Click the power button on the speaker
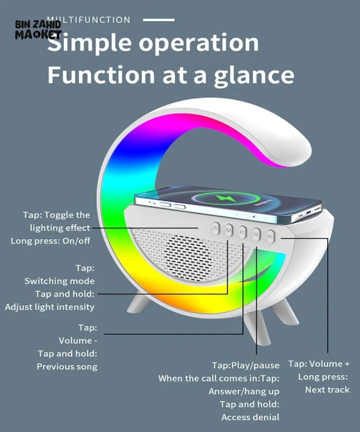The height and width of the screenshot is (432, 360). [x=216, y=228]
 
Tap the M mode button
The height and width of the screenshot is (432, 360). [x=229, y=230]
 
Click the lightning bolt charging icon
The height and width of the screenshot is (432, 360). [x=226, y=198]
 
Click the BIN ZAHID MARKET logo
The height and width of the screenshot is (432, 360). [x=38, y=29]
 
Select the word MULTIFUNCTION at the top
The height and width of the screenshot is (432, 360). [x=89, y=20]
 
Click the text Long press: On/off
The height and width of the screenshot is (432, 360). [x=51, y=241]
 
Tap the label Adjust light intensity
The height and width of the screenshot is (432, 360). [x=50, y=307]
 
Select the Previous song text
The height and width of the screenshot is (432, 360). [x=67, y=367]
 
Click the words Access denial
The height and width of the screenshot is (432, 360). [x=250, y=417]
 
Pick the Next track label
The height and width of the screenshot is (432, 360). [x=327, y=390]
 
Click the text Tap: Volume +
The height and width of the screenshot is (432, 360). [x=319, y=364]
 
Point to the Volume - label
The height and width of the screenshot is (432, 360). [x=78, y=341]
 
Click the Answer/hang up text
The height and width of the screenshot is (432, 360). [x=244, y=391]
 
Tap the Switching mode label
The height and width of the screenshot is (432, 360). [x=59, y=281]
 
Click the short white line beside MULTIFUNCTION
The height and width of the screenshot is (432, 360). [x=159, y=20]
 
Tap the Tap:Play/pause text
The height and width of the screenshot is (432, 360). [x=245, y=365]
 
